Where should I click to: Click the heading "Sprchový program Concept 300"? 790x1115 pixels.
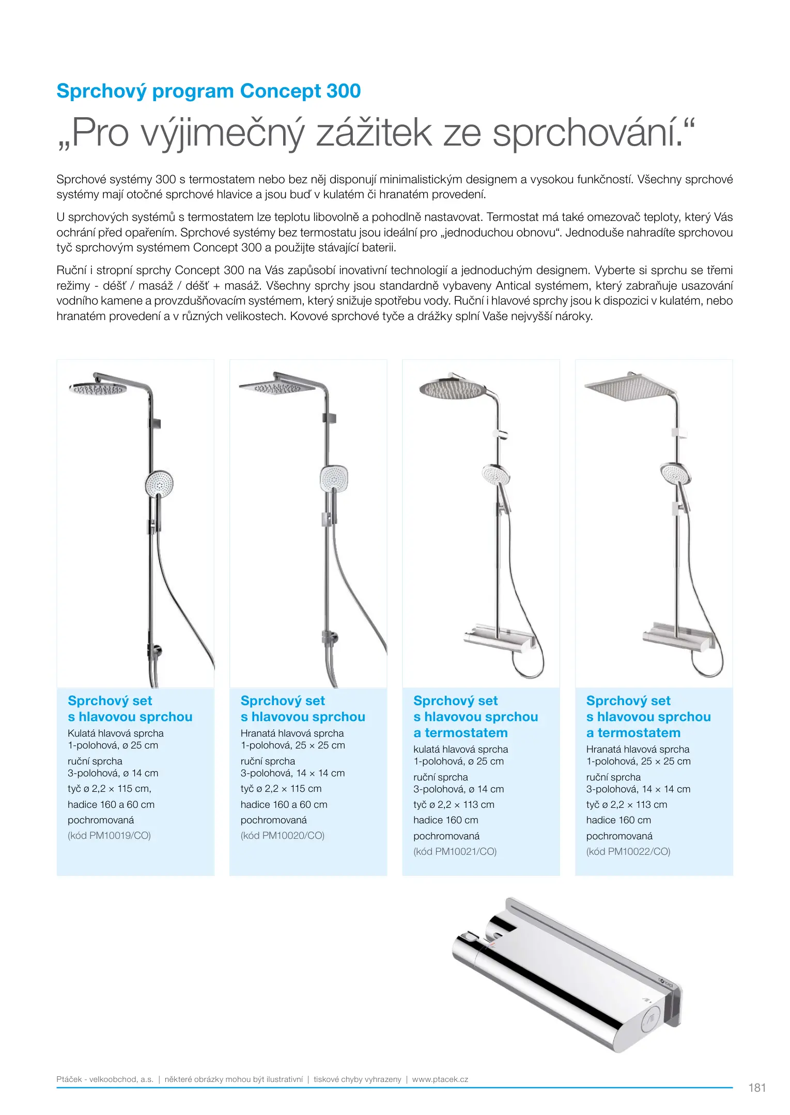pos(208,91)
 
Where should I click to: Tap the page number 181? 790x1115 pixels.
pos(757,1088)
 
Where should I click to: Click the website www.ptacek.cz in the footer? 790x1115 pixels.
pos(440,1079)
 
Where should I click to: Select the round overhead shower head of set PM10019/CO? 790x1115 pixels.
pos(98,388)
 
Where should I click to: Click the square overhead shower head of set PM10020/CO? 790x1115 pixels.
pos(276,387)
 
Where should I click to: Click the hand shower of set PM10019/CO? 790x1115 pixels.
pos(159,484)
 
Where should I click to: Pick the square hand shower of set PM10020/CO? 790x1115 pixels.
pos(334,479)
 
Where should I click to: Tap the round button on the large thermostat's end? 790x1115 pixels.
pos(652,1023)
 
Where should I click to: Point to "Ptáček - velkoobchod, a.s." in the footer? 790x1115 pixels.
pos(105,1079)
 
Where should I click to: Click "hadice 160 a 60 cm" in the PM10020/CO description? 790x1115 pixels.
pos(284,805)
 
